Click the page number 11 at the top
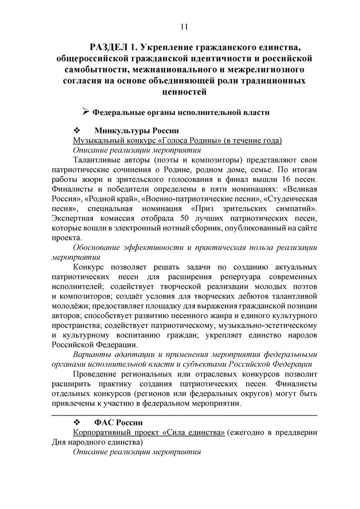pos(184,26)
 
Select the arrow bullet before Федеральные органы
pos(85,112)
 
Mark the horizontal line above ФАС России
pos(184,415)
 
